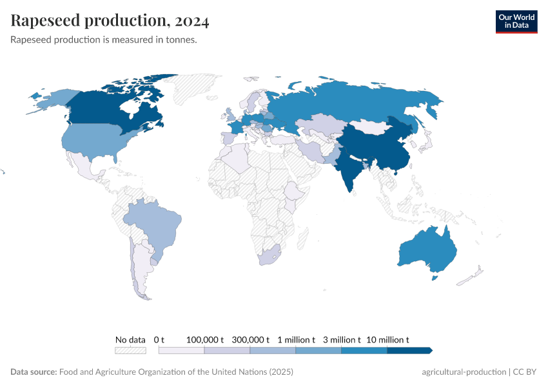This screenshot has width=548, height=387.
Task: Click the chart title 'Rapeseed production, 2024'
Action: (110, 21)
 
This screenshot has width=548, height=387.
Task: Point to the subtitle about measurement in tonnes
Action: (104, 40)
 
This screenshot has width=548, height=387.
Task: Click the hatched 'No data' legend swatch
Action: (130, 350)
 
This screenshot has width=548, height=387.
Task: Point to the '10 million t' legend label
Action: (387, 339)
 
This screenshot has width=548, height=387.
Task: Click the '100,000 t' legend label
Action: (204, 339)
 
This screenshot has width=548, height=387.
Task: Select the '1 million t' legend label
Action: (296, 339)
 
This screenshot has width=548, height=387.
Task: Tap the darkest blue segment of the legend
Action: (409, 350)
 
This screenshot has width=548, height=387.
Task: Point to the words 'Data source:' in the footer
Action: (34, 372)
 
